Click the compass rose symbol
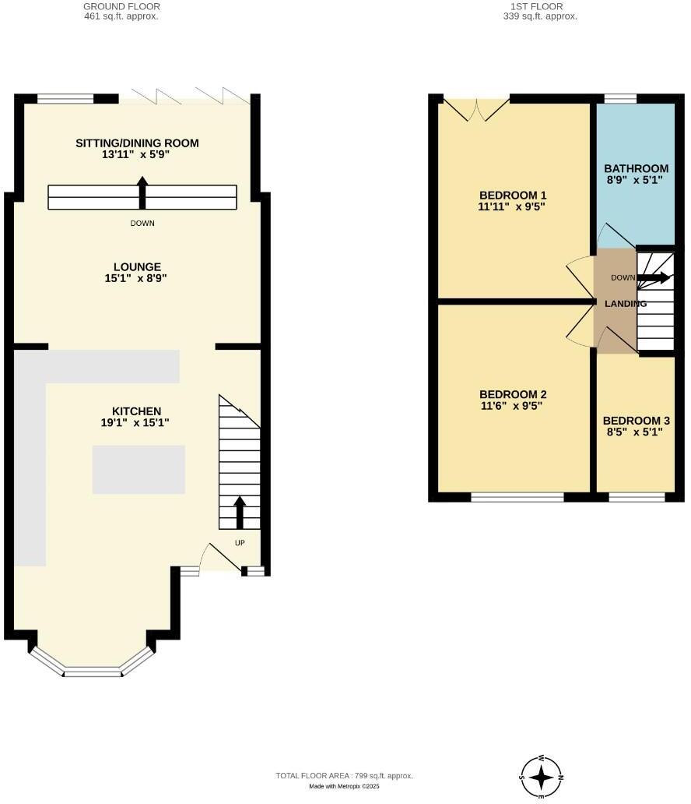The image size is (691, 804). [x=541, y=777]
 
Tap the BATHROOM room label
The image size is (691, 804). [x=636, y=168]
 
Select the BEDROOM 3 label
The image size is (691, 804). [x=636, y=421]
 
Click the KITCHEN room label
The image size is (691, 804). [x=136, y=411]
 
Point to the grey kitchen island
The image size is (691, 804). [x=139, y=469]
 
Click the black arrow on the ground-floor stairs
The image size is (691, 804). [x=240, y=513]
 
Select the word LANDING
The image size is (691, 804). [x=626, y=304]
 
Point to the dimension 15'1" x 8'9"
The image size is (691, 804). [x=136, y=278]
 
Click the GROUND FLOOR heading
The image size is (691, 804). [x=121, y=6]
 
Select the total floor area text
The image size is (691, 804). [x=344, y=775]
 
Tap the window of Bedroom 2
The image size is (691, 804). [x=517, y=496]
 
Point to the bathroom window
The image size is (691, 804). [x=620, y=98]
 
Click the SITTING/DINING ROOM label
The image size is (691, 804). [x=137, y=143]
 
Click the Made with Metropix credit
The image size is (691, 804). [x=344, y=787]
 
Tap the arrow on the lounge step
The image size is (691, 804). [x=142, y=192]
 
